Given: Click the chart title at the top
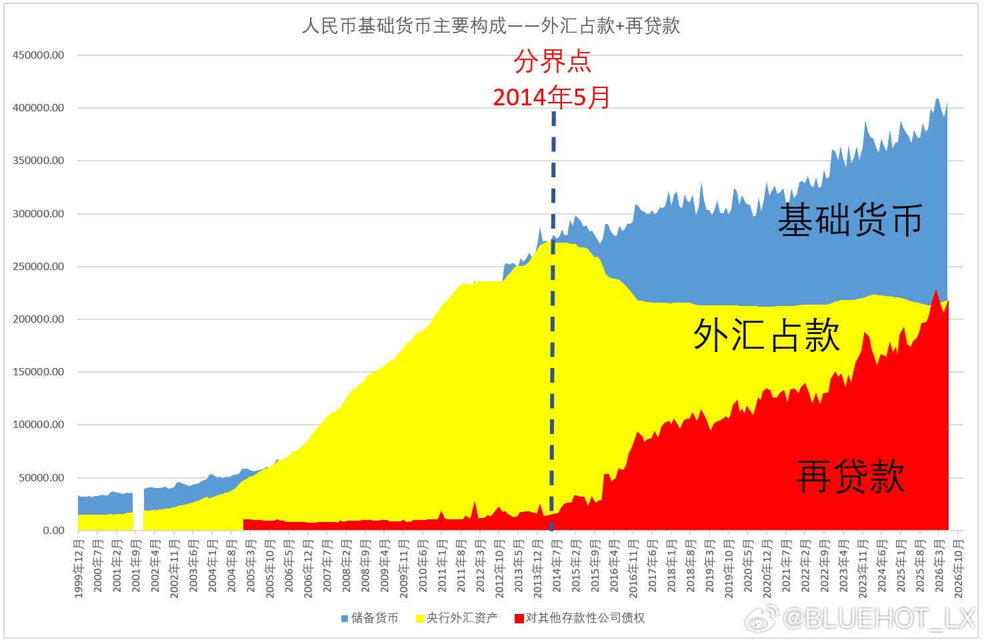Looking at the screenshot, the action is [x=491, y=26].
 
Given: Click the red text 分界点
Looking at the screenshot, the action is [x=552, y=61].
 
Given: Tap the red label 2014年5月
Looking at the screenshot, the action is [x=551, y=97].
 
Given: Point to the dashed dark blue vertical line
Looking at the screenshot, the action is [x=553, y=321].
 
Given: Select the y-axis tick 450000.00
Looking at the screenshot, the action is [x=38, y=55].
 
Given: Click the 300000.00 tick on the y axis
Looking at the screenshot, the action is [x=38, y=214].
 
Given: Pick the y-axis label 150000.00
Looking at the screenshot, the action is [x=38, y=372].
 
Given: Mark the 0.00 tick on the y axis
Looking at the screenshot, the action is [x=53, y=531].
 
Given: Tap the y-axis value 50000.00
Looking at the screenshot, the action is [x=41, y=478].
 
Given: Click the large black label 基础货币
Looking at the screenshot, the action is [x=850, y=220].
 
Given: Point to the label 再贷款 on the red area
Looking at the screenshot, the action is [x=850, y=477].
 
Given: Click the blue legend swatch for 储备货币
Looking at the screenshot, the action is [x=345, y=619].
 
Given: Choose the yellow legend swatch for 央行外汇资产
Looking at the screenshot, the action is [x=420, y=619].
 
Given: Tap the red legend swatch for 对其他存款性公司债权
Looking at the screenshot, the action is [x=519, y=619].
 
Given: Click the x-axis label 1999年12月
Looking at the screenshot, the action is [x=79, y=569].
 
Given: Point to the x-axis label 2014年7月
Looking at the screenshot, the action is [x=557, y=567].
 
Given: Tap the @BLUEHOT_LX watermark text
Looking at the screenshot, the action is [x=879, y=619].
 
